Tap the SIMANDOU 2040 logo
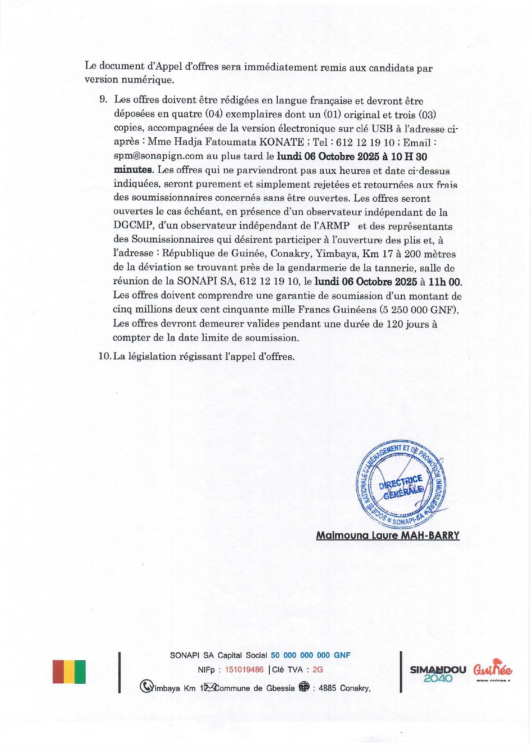click(x=438, y=674)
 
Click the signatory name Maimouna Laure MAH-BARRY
click(x=387, y=535)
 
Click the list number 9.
click(x=103, y=100)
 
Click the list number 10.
click(x=105, y=356)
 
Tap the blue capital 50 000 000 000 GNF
click(x=310, y=655)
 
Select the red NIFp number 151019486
click(x=244, y=670)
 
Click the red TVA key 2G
click(x=318, y=670)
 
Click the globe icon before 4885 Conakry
click(x=304, y=687)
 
